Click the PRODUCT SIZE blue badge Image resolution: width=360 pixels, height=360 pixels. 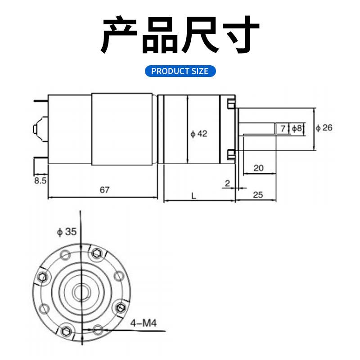click(180, 71)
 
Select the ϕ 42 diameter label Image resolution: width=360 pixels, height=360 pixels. click(198, 134)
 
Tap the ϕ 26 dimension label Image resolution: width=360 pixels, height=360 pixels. click(324, 128)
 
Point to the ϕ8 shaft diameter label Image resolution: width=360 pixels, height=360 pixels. click(297, 129)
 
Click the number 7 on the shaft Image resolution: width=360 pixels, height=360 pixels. click(283, 129)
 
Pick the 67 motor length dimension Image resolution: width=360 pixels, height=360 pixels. click(104, 190)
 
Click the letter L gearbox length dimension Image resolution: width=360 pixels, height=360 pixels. click(193, 196)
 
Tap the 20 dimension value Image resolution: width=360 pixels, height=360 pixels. click(258, 168)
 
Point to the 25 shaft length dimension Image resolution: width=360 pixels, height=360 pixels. click(258, 195)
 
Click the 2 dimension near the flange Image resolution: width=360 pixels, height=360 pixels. click(227, 183)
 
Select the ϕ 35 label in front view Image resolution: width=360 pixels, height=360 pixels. click(67, 232)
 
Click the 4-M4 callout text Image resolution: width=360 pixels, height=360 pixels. click(144, 323)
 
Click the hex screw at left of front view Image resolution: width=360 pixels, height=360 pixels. click(43, 276)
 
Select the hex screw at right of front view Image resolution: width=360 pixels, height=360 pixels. click(120, 307)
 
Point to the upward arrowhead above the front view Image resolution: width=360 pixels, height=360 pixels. click(81, 213)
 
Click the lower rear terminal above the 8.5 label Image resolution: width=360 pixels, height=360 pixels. click(39, 165)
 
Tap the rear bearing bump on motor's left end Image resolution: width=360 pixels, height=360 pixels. click(37, 128)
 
